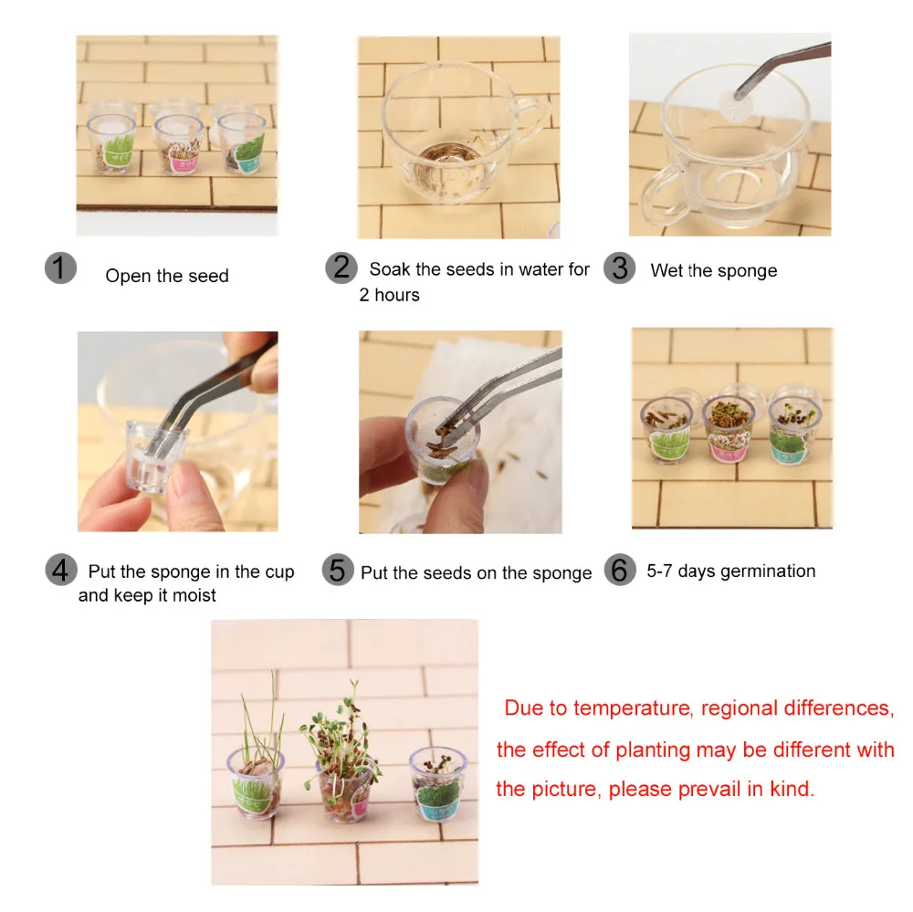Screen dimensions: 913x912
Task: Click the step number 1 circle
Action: click(60, 268)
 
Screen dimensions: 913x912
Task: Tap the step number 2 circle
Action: click(341, 267)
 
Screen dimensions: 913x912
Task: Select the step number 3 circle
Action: click(620, 267)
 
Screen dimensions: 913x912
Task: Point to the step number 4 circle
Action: click(61, 570)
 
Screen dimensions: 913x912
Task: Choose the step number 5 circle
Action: click(338, 570)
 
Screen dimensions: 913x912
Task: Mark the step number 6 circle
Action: click(620, 570)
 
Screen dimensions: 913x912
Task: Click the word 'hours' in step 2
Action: click(397, 295)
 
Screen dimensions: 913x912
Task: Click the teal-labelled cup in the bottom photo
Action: click(438, 783)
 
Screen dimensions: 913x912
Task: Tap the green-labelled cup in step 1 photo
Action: click(111, 144)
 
